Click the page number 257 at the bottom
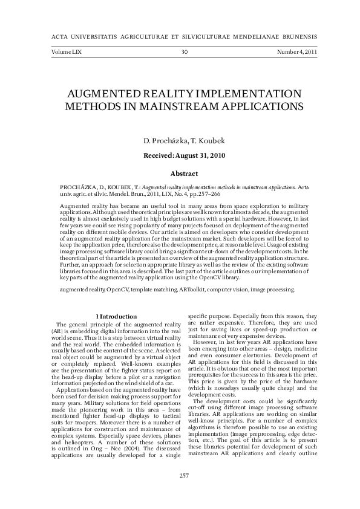185,492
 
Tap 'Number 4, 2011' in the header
296,52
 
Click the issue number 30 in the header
185,52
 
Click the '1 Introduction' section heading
117,316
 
